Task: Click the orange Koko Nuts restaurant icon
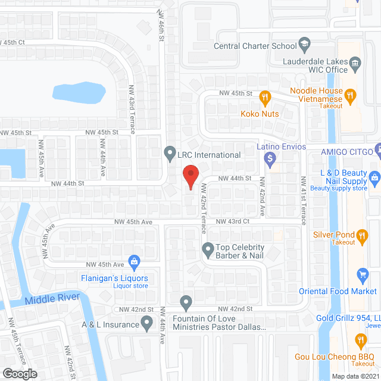click(266, 96)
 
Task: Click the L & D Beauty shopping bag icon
click(374, 176)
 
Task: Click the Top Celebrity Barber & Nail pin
click(208, 248)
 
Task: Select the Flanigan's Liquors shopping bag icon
click(135, 261)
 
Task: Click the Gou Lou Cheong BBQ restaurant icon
click(360, 341)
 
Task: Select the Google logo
click(20, 373)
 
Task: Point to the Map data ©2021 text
click(354, 376)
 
